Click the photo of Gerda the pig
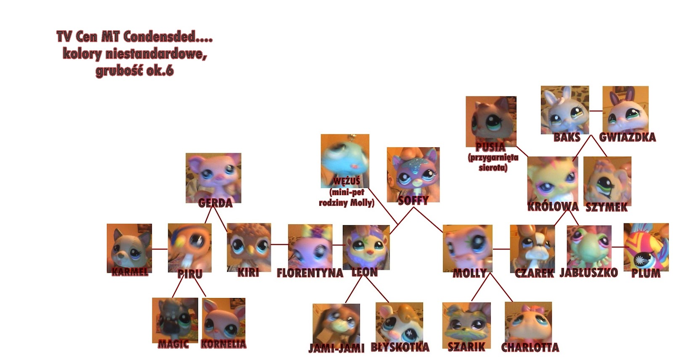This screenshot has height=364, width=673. pos(213,177)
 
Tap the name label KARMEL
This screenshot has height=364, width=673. pos(130,271)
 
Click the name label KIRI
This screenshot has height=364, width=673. pos(248,272)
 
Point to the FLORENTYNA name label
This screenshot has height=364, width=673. pos(310,273)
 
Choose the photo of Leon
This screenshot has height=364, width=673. pos(366,247)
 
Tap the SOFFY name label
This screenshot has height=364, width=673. pos(413,200)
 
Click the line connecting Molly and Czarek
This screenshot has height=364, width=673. pos(501,249)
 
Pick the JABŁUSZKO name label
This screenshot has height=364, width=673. pos(588,273)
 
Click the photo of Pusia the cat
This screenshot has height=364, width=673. pos(491,120)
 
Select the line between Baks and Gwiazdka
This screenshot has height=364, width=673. pos(596,111)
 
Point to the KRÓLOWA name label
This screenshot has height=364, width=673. pos(553,207)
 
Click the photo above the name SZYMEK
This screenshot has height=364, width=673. pos(607,180)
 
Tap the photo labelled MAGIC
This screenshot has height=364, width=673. pos(175,320)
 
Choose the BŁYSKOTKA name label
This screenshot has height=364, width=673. pos(400,347)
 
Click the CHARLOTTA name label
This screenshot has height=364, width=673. pos(530,348)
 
